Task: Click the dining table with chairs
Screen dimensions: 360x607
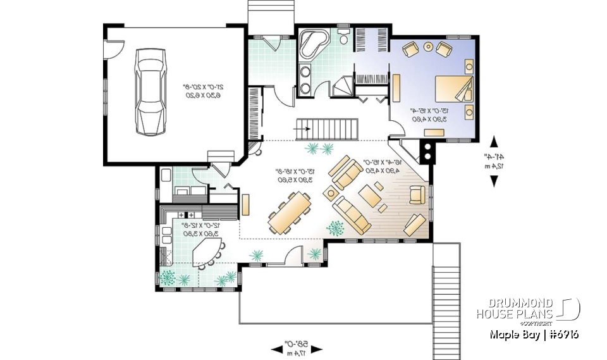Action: pyautogui.click(x=290, y=212)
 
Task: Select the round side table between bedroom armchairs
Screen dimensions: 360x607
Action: pyautogui.click(x=428, y=46)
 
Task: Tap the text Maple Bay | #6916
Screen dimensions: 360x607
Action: pyautogui.click(x=534, y=335)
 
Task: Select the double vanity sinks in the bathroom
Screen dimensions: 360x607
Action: pyautogui.click(x=305, y=79)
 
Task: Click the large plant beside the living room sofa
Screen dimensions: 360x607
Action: pyautogui.click(x=335, y=228)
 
